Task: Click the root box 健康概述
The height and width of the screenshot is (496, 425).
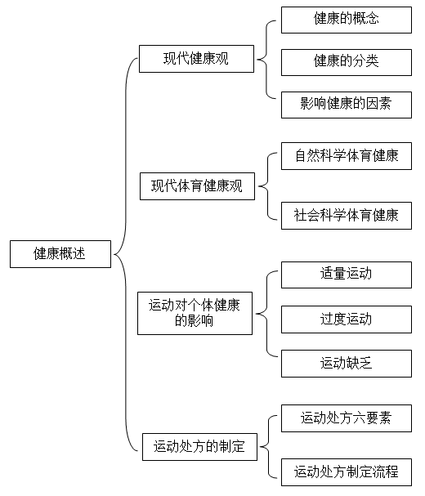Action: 60,254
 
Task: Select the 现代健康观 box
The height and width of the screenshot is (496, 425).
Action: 196,59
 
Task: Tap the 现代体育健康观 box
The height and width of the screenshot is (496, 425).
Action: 197,186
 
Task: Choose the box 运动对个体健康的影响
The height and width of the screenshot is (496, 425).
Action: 195,314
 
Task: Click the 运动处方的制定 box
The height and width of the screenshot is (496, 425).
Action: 199,447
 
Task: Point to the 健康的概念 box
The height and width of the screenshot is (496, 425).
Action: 347,20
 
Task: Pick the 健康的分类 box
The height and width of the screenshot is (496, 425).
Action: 347,62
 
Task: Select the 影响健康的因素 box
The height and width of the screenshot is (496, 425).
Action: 347,105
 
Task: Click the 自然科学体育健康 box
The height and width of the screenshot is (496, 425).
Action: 347,156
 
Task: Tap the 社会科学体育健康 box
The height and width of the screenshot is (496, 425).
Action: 347,216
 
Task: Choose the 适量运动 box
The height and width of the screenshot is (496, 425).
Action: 347,275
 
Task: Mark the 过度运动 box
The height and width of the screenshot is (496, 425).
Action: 347,319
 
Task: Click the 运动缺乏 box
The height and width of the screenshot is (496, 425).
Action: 347,364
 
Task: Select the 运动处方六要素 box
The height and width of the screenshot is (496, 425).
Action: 347,418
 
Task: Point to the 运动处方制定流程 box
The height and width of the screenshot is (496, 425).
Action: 347,472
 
